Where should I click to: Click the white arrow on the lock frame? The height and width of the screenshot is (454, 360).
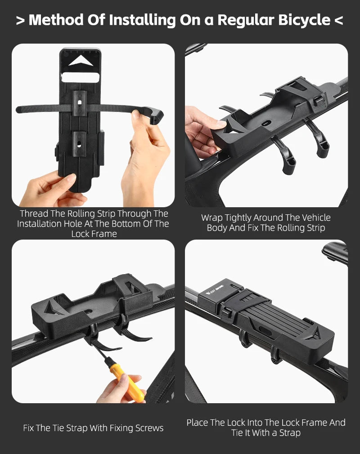click(x=81, y=61)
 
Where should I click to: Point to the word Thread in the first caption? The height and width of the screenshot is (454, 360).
click(x=34, y=214)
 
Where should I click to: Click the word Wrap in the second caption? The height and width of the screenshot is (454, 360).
click(x=211, y=218)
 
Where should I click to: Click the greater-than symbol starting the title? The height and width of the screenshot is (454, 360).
click(x=21, y=21)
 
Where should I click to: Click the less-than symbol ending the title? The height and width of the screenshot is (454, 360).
click(x=339, y=21)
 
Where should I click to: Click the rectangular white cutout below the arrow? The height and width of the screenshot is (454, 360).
click(x=81, y=77)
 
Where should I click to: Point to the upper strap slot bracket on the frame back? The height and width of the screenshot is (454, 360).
click(x=80, y=103)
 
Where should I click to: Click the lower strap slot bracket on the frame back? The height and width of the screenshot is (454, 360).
click(x=79, y=144)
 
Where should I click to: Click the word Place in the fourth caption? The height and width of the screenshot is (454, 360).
click(x=198, y=423)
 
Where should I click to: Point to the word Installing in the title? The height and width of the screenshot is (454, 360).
click(x=142, y=21)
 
